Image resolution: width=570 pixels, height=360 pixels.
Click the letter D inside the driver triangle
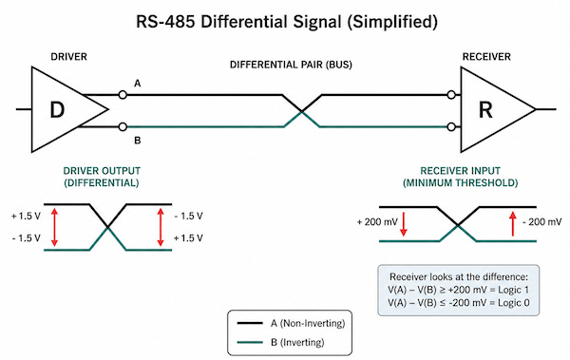pos(57,110)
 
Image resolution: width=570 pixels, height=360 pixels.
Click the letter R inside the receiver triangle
pos(485,110)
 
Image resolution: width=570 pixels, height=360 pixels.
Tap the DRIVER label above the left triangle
pos(68,57)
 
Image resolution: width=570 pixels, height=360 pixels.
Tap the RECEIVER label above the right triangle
pos(486,57)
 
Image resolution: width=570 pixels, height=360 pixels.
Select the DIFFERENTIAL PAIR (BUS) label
pos(291,65)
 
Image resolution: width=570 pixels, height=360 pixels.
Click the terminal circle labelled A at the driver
pos(123,95)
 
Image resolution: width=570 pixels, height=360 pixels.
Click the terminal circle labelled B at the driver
pos(123,127)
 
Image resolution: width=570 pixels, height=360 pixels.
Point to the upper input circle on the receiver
pos(451,95)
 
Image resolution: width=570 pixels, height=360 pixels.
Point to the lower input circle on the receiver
pos(451,127)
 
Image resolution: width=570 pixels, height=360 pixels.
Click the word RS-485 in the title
pos(165,22)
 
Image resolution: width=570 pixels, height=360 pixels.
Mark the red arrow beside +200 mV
pos(404,224)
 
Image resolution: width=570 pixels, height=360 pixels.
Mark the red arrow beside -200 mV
pos(513,224)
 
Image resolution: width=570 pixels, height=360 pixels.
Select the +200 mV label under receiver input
pos(377,222)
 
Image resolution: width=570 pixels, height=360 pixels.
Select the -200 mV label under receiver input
pos(542,222)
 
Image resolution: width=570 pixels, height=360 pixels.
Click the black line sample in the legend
pos(250,323)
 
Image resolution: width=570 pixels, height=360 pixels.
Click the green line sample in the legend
pos(250,342)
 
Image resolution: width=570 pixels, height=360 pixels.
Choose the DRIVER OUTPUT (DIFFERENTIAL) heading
pos(102,177)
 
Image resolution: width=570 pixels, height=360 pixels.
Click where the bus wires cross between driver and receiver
pos(302,111)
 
